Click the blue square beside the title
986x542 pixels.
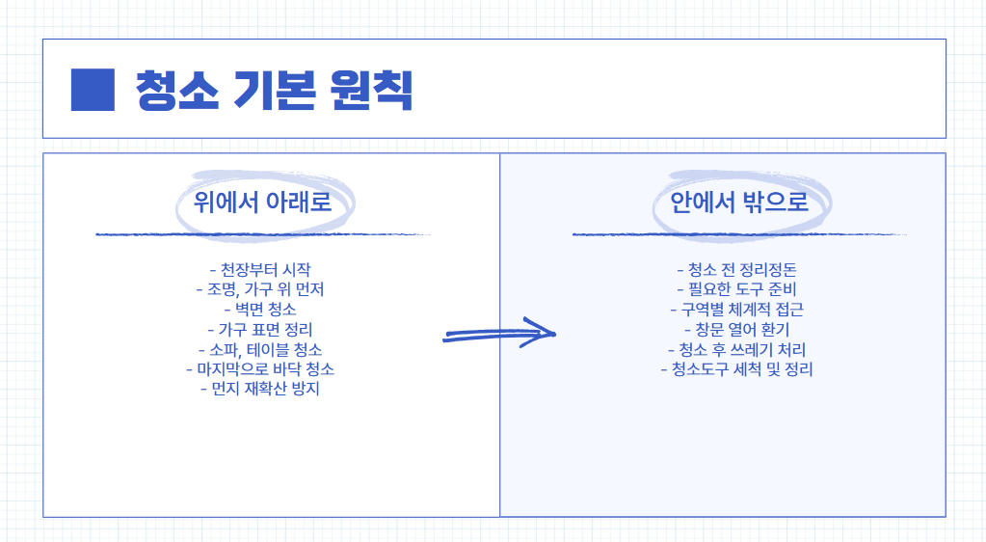click(93, 90)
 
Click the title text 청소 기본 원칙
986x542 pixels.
click(275, 90)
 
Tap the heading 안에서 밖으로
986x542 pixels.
click(738, 203)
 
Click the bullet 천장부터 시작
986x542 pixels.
click(260, 269)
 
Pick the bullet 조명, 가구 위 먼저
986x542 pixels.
click(260, 289)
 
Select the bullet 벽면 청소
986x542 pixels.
click(260, 310)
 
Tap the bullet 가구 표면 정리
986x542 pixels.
click(260, 330)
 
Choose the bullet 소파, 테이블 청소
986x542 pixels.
click(260, 349)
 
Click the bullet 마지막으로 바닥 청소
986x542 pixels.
click(260, 369)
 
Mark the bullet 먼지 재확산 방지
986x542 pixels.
click(260, 389)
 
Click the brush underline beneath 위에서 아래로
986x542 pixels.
click(262, 234)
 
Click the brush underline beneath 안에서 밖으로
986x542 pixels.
click(738, 234)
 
